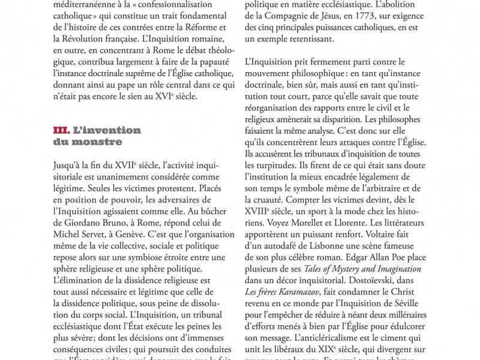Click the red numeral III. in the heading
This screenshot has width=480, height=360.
[61, 130]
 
